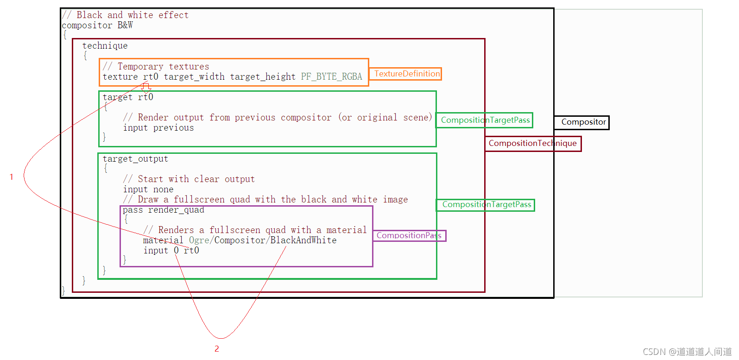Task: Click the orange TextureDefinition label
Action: tap(406, 74)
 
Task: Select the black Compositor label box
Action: tap(583, 122)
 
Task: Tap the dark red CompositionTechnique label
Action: tap(532, 144)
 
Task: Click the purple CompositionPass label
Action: tap(409, 236)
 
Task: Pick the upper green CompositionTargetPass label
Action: tap(485, 120)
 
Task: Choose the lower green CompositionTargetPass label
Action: tap(486, 205)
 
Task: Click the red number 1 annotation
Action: tap(12, 177)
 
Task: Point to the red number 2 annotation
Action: tap(217, 349)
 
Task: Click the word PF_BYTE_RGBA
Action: tap(331, 77)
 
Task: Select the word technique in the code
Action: tap(105, 46)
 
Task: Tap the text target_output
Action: tap(135, 159)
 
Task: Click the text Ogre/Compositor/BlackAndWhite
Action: tap(263, 240)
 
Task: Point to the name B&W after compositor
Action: tap(125, 25)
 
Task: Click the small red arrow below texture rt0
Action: tap(146, 87)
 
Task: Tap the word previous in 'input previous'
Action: tap(173, 128)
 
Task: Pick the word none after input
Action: tap(163, 189)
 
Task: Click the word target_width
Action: tap(194, 77)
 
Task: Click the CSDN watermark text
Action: tap(687, 352)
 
